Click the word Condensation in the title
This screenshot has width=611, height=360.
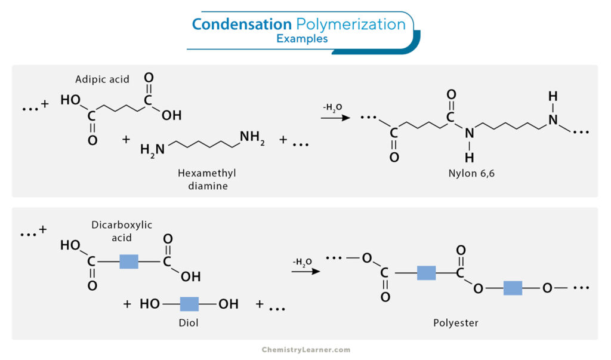[x=242, y=24]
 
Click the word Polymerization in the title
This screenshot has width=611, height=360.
[x=351, y=25]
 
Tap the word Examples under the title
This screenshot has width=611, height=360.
[x=302, y=39]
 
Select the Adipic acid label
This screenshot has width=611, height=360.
[x=102, y=80]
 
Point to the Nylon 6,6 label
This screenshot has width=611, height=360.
[x=471, y=173]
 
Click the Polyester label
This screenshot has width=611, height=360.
[x=455, y=323]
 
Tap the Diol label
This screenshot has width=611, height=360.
[x=189, y=323]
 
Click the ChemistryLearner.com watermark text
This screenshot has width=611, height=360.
[x=306, y=350]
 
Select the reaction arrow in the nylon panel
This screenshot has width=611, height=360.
[x=335, y=118]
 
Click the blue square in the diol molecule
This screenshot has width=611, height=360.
[x=189, y=304]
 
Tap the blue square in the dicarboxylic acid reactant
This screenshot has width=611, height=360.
[x=129, y=261]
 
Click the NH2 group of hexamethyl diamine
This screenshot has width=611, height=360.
[x=252, y=137]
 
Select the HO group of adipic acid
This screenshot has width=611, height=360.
[x=70, y=100]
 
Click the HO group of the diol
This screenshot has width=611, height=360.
[x=150, y=304]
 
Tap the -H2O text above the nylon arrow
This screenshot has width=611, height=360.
[x=332, y=107]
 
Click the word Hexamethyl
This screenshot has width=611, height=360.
[x=207, y=173]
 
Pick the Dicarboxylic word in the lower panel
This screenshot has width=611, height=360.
[x=122, y=225]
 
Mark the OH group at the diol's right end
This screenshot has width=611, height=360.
[x=229, y=304]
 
